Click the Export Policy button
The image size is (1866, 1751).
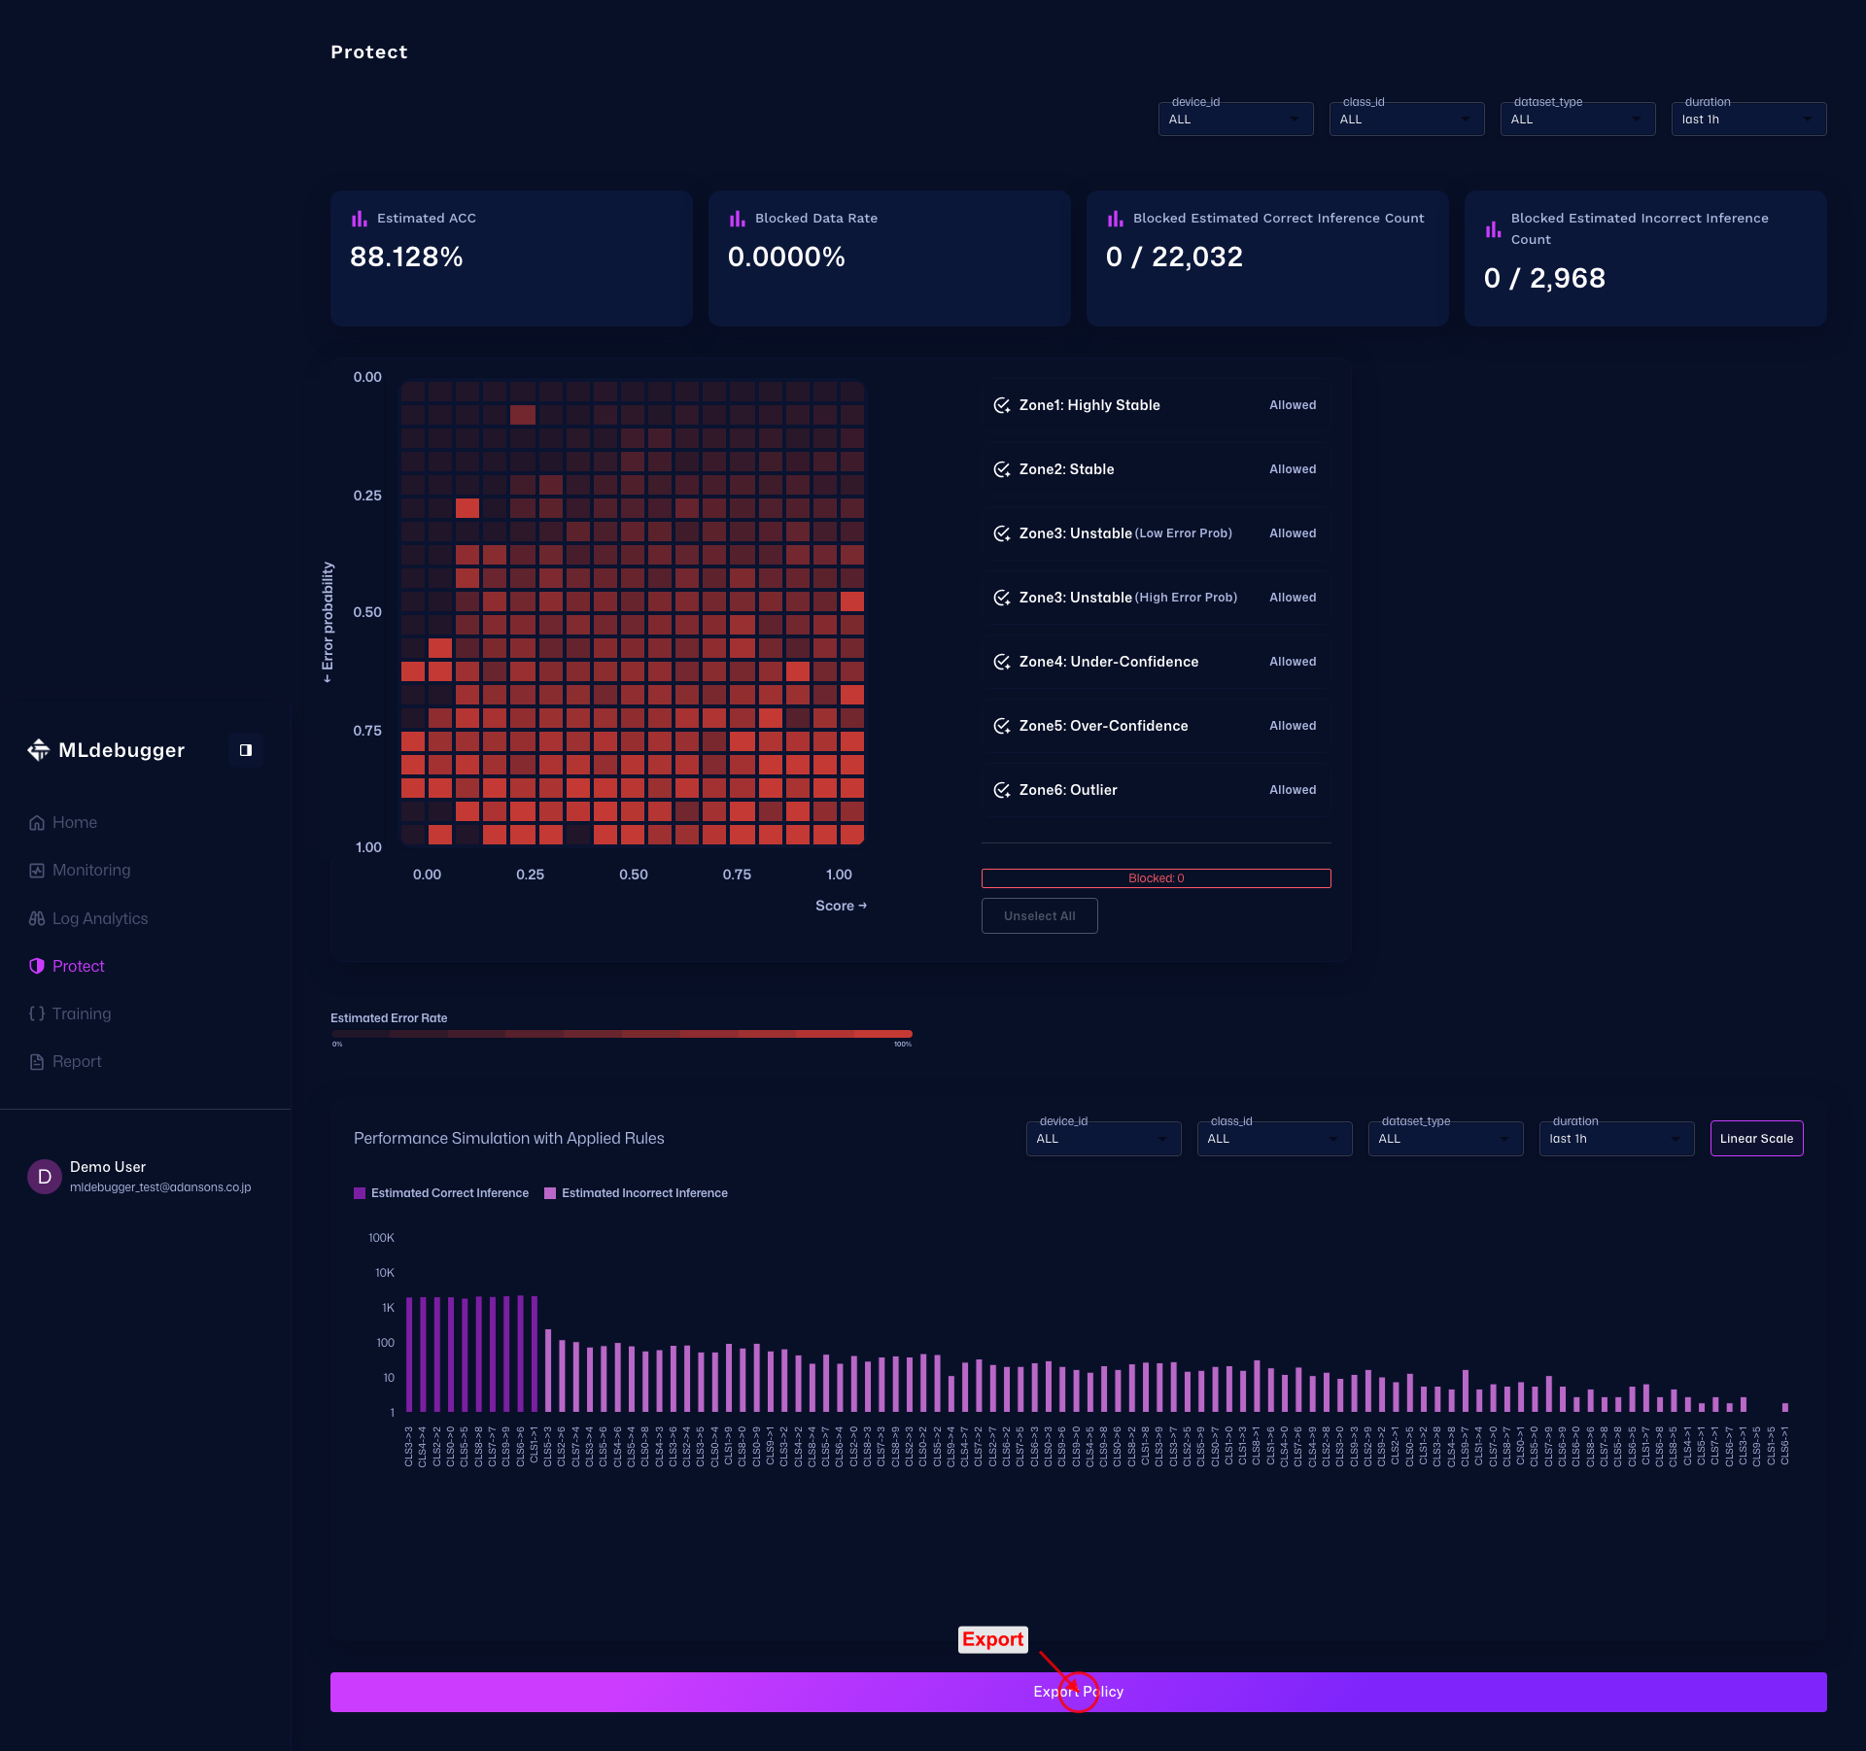pos(1078,1692)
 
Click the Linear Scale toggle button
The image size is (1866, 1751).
pos(1756,1139)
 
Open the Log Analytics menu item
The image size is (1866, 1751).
pos(99,918)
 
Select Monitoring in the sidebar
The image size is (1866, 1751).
pos(90,870)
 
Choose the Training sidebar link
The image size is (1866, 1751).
pos(81,1013)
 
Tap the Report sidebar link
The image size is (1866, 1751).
pos(76,1061)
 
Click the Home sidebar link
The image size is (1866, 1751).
pos(74,822)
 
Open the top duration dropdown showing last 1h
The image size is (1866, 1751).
pos(1747,120)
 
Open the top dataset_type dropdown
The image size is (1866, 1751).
pos(1576,120)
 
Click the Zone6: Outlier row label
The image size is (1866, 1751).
pos(1067,790)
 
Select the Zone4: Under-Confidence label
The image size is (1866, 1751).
pos(1108,662)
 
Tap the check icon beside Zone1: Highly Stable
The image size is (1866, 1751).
pos(1001,405)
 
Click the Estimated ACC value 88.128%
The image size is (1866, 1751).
pos(406,257)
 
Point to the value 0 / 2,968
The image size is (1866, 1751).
pos(1544,278)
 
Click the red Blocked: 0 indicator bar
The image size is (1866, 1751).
pos(1156,878)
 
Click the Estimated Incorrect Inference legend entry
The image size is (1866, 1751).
pos(643,1193)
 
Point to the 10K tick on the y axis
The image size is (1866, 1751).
pos(385,1273)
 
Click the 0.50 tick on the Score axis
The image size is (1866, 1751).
pos(634,875)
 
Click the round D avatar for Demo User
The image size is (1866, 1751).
pos(44,1177)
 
